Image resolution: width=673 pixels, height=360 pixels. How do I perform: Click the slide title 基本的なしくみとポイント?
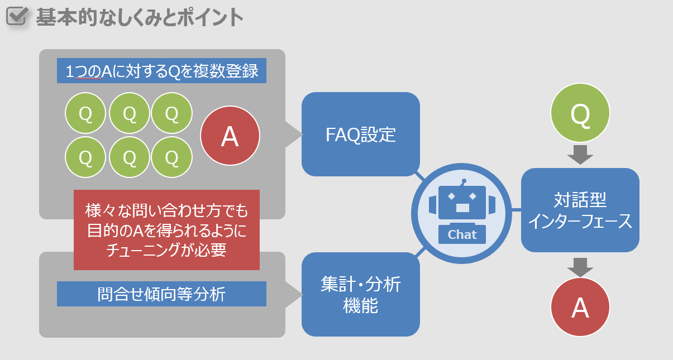[140, 17]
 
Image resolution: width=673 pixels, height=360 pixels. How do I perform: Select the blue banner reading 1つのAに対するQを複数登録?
[161, 70]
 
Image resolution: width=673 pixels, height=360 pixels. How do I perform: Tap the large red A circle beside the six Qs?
[230, 136]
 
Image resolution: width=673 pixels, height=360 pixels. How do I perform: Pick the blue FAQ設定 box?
[361, 134]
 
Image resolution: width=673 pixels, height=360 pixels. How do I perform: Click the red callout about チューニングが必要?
[167, 230]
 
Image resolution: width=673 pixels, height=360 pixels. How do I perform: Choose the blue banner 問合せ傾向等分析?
[161, 294]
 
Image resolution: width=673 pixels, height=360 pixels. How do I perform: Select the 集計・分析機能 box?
[361, 294]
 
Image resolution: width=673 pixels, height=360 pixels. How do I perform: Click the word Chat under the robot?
[462, 234]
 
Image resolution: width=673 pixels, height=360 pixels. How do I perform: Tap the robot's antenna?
[464, 182]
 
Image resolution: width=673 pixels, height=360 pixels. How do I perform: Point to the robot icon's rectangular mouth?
[462, 208]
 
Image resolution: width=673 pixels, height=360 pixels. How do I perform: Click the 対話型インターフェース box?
[580, 210]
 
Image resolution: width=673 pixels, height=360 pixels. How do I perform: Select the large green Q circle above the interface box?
[580, 113]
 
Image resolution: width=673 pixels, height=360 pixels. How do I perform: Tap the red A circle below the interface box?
[580, 307]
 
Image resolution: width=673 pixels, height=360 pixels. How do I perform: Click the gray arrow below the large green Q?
[580, 155]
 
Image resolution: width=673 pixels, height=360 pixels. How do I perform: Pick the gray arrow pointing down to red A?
[580, 267]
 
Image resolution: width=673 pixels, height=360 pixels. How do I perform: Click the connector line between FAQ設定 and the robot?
[420, 176]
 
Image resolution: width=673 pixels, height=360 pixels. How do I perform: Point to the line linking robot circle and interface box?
[517, 210]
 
